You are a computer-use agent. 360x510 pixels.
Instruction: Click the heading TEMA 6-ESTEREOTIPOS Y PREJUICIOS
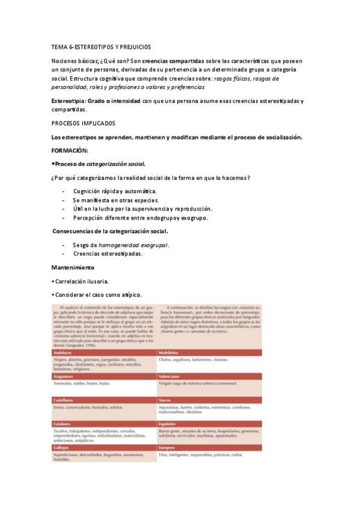pyautogui.click(x=102, y=47)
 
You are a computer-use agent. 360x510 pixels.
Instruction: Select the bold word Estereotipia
pyautogui.click(x=69, y=101)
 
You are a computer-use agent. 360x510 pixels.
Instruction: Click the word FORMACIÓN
pyautogui.click(x=70, y=150)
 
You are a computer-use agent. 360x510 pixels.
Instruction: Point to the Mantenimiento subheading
pyautogui.click(x=73, y=267)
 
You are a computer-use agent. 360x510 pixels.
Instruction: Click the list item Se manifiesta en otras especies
pyautogui.click(x=115, y=200)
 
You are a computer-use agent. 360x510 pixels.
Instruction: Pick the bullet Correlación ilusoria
pyautogui.click(x=81, y=281)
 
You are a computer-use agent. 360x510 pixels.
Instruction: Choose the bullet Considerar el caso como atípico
pyautogui.click(x=97, y=295)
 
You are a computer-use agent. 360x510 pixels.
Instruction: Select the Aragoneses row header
pyautogui.click(x=65, y=376)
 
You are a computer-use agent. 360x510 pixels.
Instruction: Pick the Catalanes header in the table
pyautogui.click(x=63, y=423)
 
